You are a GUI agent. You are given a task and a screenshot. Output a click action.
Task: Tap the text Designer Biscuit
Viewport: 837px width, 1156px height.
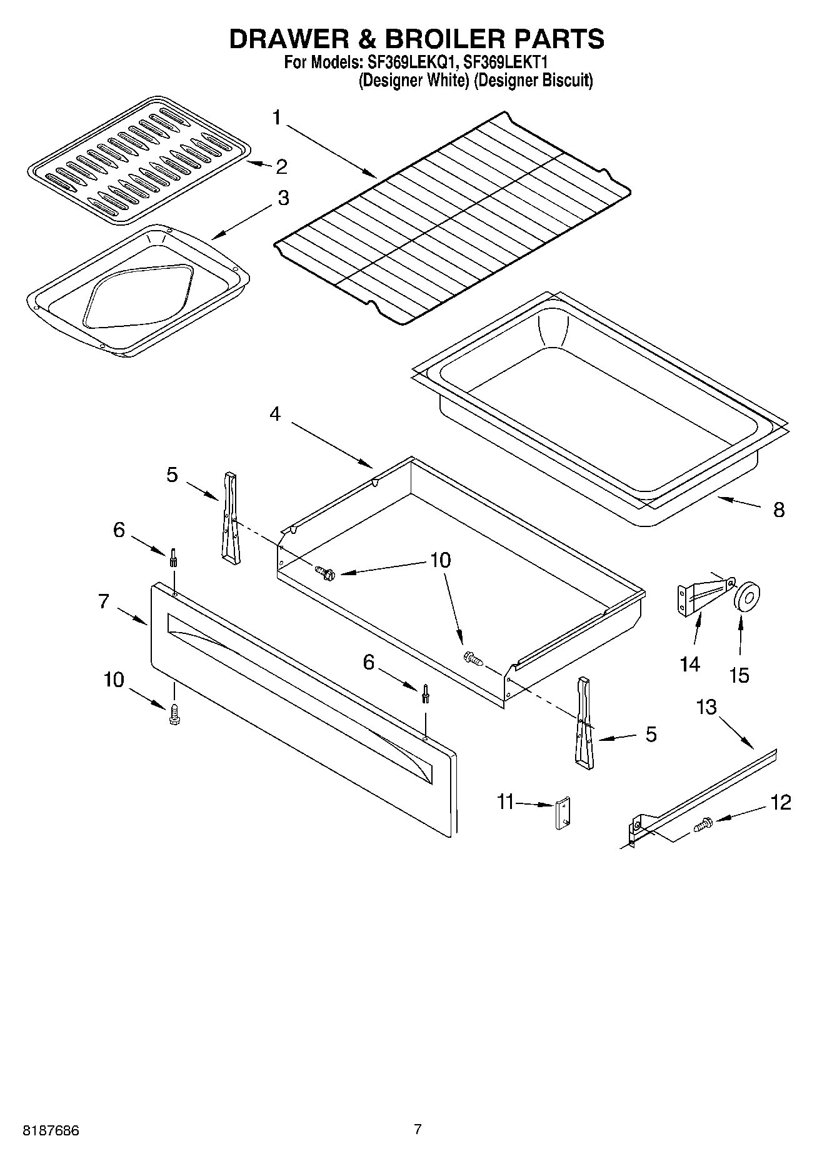[533, 81]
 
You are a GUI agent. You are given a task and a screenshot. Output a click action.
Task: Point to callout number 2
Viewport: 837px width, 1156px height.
[281, 166]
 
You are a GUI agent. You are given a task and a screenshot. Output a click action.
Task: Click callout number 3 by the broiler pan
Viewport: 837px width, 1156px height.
[283, 198]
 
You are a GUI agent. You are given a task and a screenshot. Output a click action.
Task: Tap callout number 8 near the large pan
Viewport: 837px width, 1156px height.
[778, 510]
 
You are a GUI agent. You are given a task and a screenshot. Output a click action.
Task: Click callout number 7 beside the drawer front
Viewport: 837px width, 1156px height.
[104, 601]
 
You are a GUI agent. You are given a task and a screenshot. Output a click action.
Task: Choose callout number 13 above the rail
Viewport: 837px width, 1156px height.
[706, 707]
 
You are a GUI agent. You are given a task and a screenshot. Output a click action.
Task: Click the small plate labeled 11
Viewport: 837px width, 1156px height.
[563, 813]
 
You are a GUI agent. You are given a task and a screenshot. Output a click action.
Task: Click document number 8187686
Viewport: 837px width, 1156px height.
[51, 1130]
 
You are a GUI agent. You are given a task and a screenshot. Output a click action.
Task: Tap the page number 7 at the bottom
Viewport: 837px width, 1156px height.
[418, 1129]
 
